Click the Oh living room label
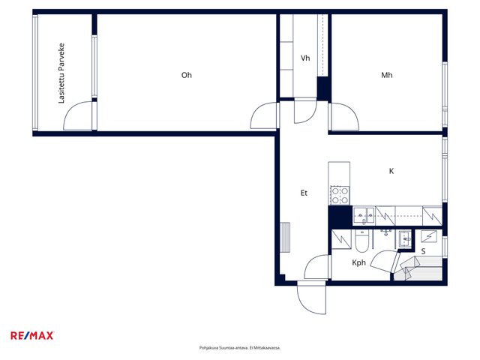tap(187, 75)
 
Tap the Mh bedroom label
tap(387, 75)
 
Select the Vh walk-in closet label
tap(305, 58)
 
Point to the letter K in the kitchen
tap(391, 171)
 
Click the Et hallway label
tap(304, 193)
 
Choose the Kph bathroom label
tap(358, 262)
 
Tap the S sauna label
tap(423, 251)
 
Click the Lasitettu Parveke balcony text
tap(61, 73)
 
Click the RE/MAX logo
tap(32, 336)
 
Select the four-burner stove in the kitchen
tap(340, 195)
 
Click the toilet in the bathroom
tap(361, 241)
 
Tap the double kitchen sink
tap(364, 215)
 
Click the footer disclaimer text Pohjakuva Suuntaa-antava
tap(240, 348)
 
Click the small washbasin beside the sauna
tap(405, 238)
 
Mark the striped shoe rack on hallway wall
tap(285, 237)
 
